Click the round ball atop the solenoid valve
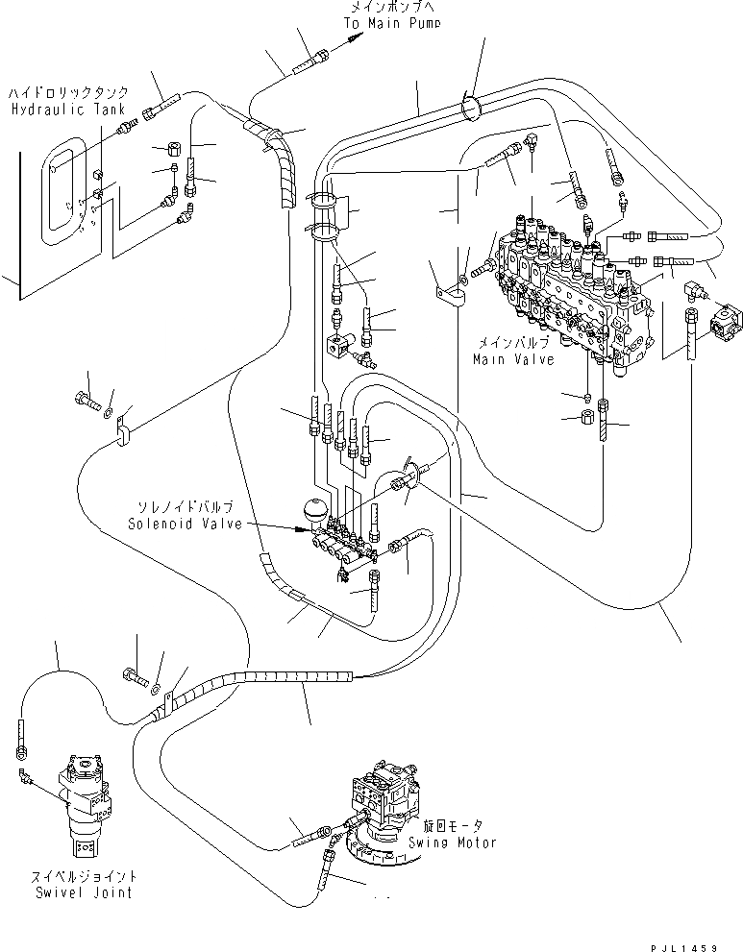316,510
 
